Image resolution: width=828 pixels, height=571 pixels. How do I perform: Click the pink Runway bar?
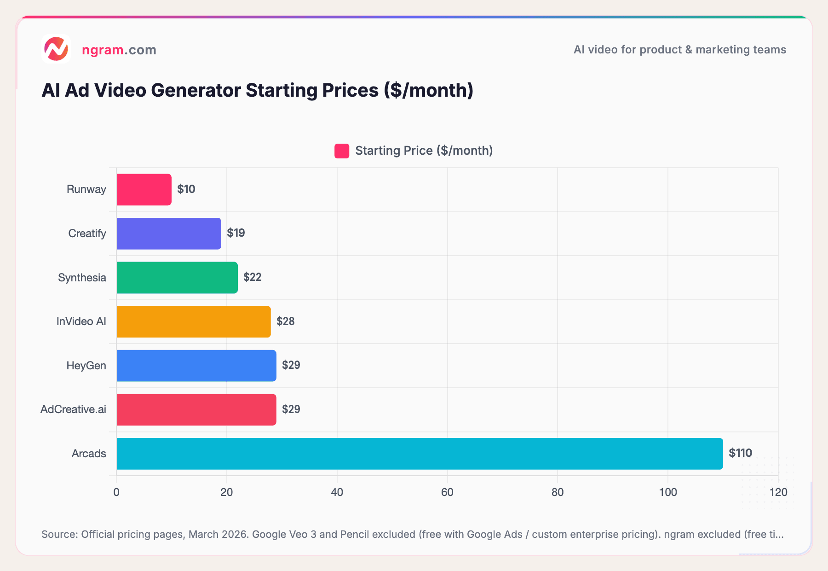[x=144, y=189]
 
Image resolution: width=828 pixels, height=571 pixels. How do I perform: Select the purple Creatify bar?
[x=169, y=233]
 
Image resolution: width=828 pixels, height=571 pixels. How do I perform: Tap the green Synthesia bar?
[x=177, y=278]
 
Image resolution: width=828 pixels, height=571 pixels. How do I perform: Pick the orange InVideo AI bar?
[x=194, y=321]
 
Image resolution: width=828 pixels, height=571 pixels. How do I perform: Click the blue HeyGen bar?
[x=196, y=366]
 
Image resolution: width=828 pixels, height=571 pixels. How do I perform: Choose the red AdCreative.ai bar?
[x=196, y=409]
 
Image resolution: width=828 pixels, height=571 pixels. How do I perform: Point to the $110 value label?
[x=740, y=453]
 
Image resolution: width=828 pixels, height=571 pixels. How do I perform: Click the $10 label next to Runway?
[x=186, y=189]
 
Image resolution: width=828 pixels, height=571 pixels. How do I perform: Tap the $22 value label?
[x=253, y=277]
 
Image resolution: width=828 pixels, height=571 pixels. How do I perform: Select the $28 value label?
[x=286, y=321]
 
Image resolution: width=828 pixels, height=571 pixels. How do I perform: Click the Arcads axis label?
[x=89, y=454]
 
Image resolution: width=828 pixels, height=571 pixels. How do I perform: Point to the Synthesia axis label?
[x=82, y=278]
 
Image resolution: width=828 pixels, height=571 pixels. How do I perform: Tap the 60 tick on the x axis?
[x=447, y=492]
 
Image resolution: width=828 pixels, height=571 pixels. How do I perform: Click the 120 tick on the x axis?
[x=778, y=492]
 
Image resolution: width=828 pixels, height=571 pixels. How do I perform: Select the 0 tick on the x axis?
[x=116, y=492]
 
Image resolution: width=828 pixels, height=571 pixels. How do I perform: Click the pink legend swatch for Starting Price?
[x=342, y=151]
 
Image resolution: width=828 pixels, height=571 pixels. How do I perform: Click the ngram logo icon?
[x=56, y=49]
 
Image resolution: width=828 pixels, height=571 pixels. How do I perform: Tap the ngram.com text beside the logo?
[x=119, y=50]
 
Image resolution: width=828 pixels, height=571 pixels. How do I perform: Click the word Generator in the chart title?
[x=196, y=90]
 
